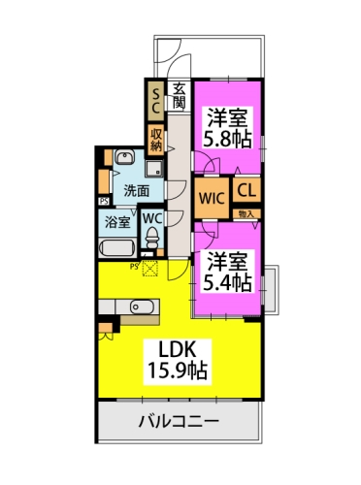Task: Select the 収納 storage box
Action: [155, 139]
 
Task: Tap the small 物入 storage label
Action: [246, 213]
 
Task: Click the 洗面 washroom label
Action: [136, 191]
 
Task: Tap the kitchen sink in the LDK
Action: [141, 308]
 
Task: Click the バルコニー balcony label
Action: [178, 423]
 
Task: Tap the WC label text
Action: [153, 218]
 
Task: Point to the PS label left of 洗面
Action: [103, 201]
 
